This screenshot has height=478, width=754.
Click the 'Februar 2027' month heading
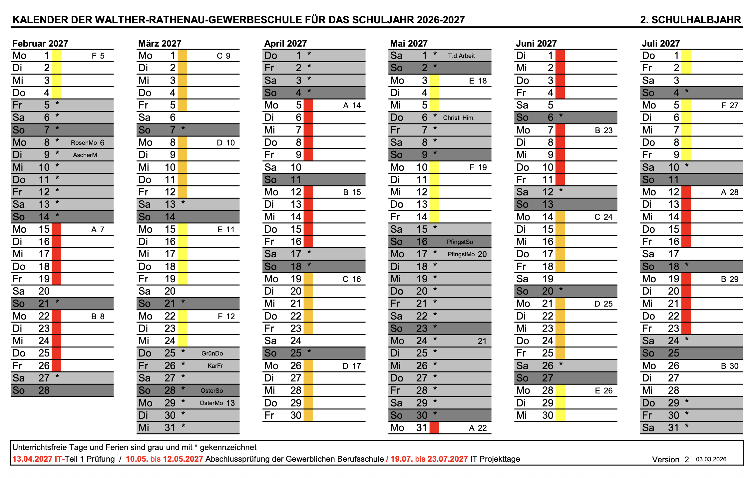40,44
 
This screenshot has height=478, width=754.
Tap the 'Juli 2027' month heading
661,44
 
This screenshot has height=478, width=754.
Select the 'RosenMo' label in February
84,143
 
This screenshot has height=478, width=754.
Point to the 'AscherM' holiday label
85,155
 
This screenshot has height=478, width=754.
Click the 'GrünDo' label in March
212,354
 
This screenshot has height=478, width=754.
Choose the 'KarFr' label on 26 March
215,366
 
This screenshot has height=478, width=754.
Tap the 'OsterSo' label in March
211,391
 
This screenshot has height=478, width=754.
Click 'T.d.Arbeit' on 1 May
461,56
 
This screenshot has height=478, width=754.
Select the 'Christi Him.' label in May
459,118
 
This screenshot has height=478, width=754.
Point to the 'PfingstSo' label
460,242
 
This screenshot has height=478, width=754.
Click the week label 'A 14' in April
352,106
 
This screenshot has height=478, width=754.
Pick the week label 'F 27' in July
729,106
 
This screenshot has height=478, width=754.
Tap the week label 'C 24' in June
603,217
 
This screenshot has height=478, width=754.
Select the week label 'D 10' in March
225,143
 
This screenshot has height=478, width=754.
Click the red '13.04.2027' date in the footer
32,459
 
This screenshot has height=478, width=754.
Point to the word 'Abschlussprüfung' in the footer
238,459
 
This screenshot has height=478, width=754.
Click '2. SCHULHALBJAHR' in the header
690,20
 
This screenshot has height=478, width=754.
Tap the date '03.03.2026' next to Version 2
711,459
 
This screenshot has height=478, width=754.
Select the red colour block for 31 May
434,428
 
